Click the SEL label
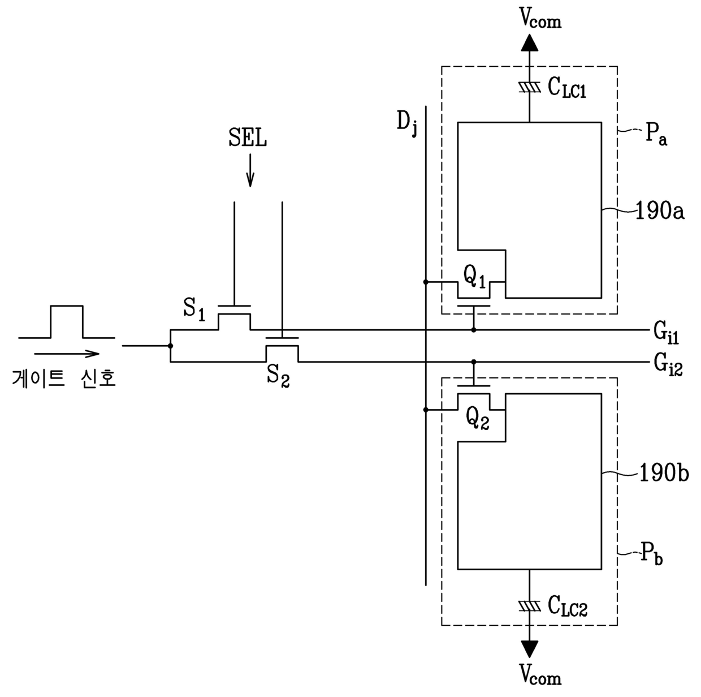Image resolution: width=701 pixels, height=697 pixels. click(x=248, y=137)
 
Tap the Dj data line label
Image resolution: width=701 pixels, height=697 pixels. click(x=406, y=124)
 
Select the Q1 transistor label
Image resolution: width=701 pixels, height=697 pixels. click(x=474, y=277)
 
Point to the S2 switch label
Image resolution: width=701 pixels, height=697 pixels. click(x=278, y=375)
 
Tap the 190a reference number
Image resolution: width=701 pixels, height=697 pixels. click(x=660, y=211)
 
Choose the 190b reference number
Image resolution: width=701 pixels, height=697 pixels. click(x=664, y=473)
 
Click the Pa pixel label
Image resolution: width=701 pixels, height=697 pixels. click(x=656, y=135)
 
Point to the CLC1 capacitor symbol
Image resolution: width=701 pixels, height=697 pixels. click(x=529, y=87)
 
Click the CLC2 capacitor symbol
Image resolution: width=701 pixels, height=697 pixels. click(x=529, y=606)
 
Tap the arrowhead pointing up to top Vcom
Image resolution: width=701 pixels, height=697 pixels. click(x=529, y=42)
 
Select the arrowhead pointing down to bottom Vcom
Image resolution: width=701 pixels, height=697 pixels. click(x=529, y=649)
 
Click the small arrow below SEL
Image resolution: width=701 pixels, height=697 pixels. click(x=250, y=170)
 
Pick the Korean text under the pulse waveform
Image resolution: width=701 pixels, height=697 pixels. click(x=64, y=378)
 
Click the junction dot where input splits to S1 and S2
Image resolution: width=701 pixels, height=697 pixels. click(x=170, y=346)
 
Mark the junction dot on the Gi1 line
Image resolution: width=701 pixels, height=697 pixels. click(x=474, y=330)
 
